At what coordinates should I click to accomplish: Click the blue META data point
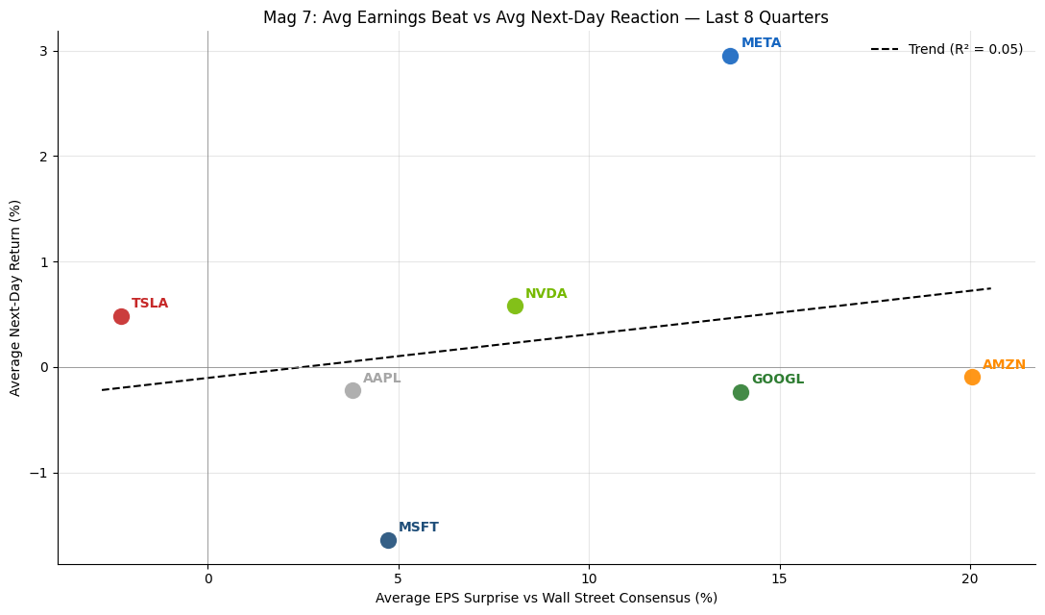point(730,56)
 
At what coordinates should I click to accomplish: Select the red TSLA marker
point(121,316)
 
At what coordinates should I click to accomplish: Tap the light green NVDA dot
point(515,306)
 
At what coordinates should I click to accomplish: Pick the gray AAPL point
point(353,390)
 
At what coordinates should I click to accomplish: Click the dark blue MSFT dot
point(389,540)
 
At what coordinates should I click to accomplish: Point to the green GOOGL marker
point(741,392)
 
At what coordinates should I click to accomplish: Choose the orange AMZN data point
point(972,377)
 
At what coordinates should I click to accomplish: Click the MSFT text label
point(419,527)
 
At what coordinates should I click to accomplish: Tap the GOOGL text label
point(778,379)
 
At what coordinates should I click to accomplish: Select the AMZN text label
point(1004,364)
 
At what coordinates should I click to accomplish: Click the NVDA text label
point(546,293)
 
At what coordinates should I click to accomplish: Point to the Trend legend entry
point(946,49)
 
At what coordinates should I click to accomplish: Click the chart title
point(546,17)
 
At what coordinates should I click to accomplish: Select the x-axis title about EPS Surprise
point(547,598)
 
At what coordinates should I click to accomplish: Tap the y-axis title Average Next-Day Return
point(15,298)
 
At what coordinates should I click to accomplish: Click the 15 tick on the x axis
point(780,578)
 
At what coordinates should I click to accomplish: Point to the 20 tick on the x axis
point(970,578)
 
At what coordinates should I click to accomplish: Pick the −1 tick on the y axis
point(38,473)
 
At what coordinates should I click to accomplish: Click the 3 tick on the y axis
point(44,51)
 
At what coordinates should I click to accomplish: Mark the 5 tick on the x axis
point(399,578)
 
